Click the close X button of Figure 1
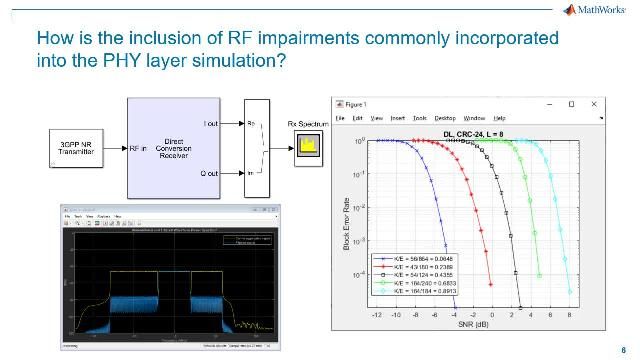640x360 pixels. click(591, 103)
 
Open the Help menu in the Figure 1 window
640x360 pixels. click(499, 118)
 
